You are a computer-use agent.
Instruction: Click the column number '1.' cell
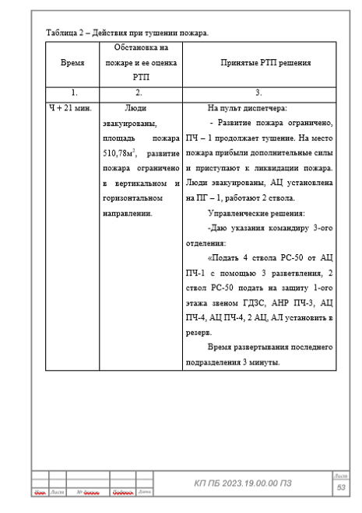pos(72,93)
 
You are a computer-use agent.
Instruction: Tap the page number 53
pos(340,487)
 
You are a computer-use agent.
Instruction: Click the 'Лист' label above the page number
pos(340,475)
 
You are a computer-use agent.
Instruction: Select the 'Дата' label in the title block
pos(145,492)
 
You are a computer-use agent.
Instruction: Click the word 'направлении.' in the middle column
pos(128,212)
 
